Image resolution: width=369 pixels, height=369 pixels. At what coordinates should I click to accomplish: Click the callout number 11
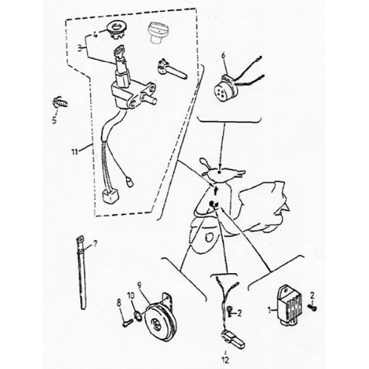click(75, 152)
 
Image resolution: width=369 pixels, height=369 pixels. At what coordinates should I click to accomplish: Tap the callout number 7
click(95, 244)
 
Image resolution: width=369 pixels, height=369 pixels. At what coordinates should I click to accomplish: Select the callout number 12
click(225, 359)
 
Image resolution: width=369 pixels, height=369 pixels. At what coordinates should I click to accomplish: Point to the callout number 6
click(224, 56)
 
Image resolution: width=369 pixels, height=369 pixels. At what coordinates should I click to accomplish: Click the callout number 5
click(55, 120)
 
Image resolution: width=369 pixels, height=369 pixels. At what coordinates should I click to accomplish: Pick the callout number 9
click(139, 286)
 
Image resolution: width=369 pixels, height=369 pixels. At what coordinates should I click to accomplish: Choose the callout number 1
click(270, 311)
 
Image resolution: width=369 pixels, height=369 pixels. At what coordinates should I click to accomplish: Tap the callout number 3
click(80, 49)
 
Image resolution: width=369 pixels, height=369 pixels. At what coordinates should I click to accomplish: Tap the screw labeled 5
click(59, 103)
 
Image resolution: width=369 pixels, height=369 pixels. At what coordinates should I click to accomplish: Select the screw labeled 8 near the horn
click(128, 322)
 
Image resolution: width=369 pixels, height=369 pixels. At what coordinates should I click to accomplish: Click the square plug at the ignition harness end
click(109, 196)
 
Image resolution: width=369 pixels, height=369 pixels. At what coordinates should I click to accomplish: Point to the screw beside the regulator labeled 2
click(312, 307)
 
